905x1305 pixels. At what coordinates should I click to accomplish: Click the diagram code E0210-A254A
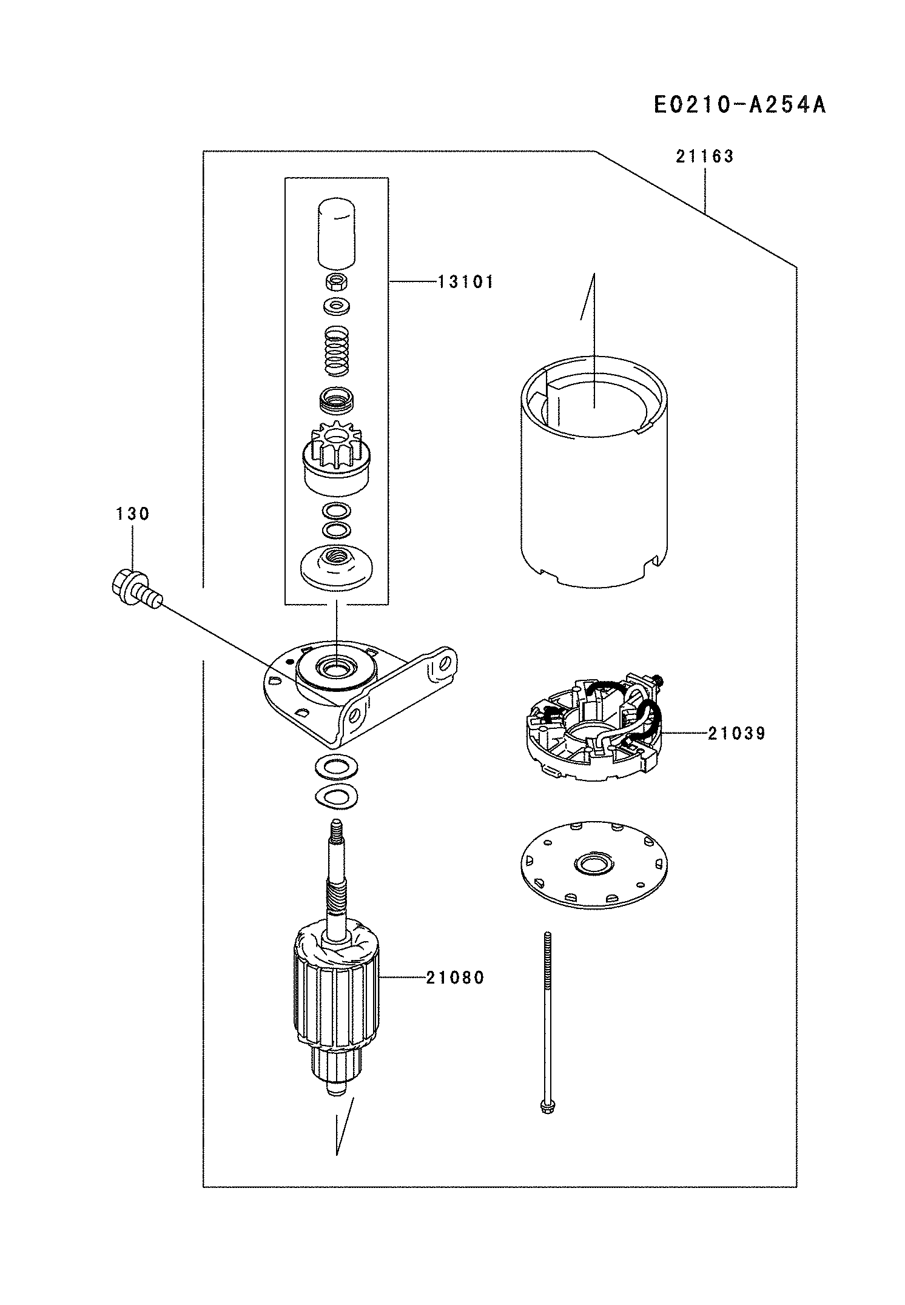coord(739,105)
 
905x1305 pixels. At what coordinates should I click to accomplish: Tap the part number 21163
coord(704,156)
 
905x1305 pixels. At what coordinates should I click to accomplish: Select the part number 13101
coord(465,282)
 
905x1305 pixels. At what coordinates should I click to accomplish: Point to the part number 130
coord(132,514)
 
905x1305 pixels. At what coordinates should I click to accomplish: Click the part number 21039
coord(736,734)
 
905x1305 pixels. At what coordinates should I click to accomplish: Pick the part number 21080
coord(455,978)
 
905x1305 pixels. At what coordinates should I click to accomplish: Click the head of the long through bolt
coord(546,1107)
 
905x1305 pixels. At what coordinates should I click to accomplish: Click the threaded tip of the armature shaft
coord(335,829)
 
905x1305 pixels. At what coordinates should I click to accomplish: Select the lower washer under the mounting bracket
coord(337,796)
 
